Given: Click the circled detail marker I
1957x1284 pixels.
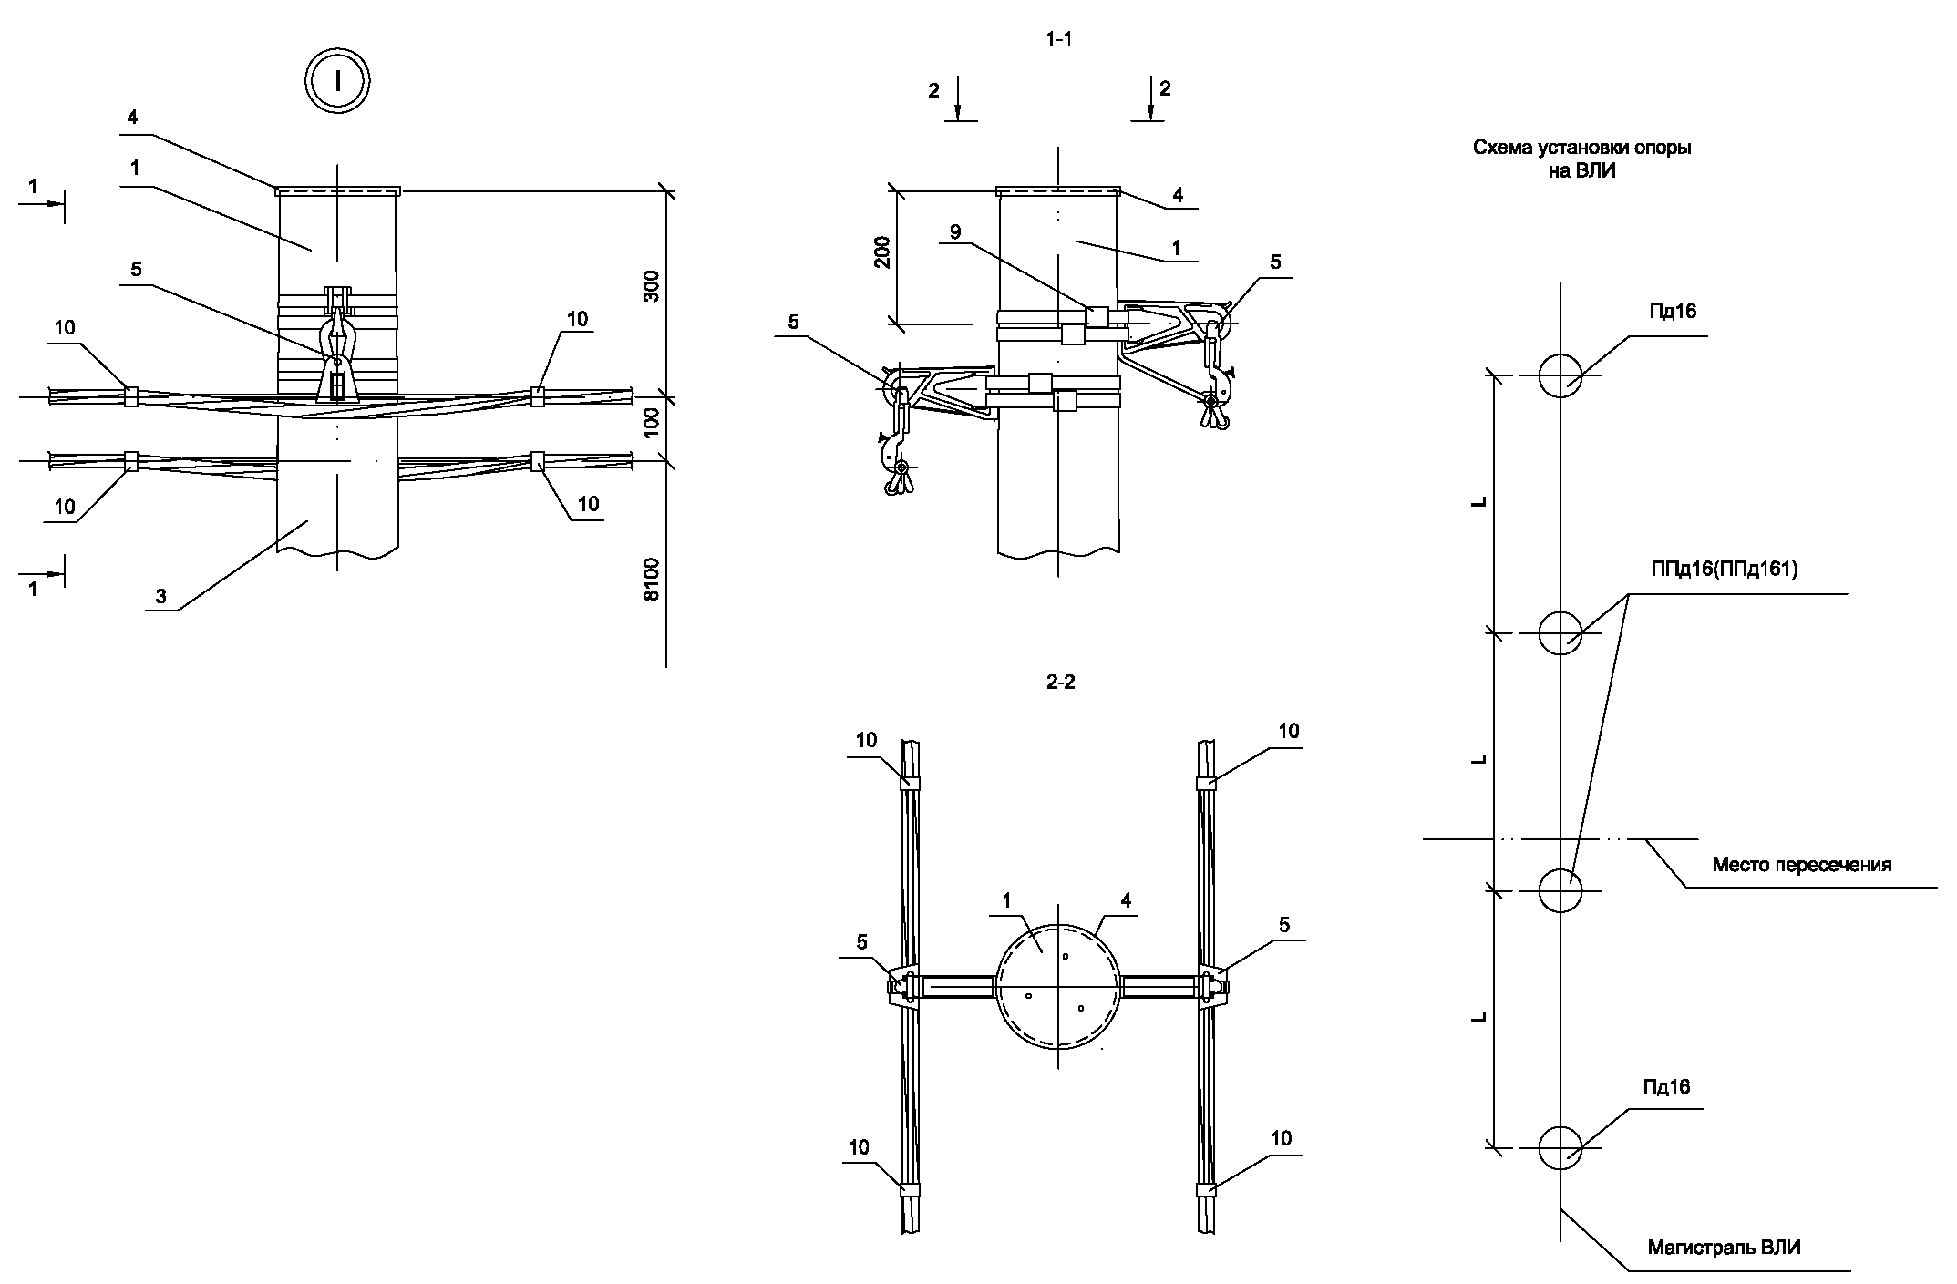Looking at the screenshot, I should (x=338, y=82).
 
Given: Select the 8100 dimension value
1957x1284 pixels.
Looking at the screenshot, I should (x=651, y=580).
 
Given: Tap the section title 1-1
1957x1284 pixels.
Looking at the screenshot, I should (x=1057, y=38).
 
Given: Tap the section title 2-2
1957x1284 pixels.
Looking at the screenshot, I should (x=1061, y=682).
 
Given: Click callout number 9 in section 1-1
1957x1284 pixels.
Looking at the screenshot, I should (x=955, y=232).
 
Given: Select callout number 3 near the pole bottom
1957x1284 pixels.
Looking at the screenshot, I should (x=160, y=597).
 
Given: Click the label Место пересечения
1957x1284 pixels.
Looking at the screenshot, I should (x=1801, y=865).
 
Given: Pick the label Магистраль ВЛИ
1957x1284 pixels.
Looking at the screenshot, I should (x=1724, y=1248).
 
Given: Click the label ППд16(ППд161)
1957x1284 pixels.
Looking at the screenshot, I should (x=1724, y=570).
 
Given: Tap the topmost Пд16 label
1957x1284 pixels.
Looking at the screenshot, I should (x=1673, y=312).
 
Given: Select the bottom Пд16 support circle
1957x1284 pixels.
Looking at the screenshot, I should (x=1560, y=1147).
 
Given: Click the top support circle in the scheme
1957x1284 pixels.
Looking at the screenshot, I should (x=1560, y=375).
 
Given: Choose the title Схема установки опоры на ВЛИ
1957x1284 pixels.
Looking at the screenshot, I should (x=1581, y=159).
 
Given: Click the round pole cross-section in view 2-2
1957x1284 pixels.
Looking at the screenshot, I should (x=1057, y=987).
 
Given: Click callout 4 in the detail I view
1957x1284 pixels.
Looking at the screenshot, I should (x=133, y=118).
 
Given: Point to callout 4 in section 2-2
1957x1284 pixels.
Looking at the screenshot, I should (x=1126, y=900).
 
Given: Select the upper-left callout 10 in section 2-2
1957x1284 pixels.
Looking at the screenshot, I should (x=866, y=739).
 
